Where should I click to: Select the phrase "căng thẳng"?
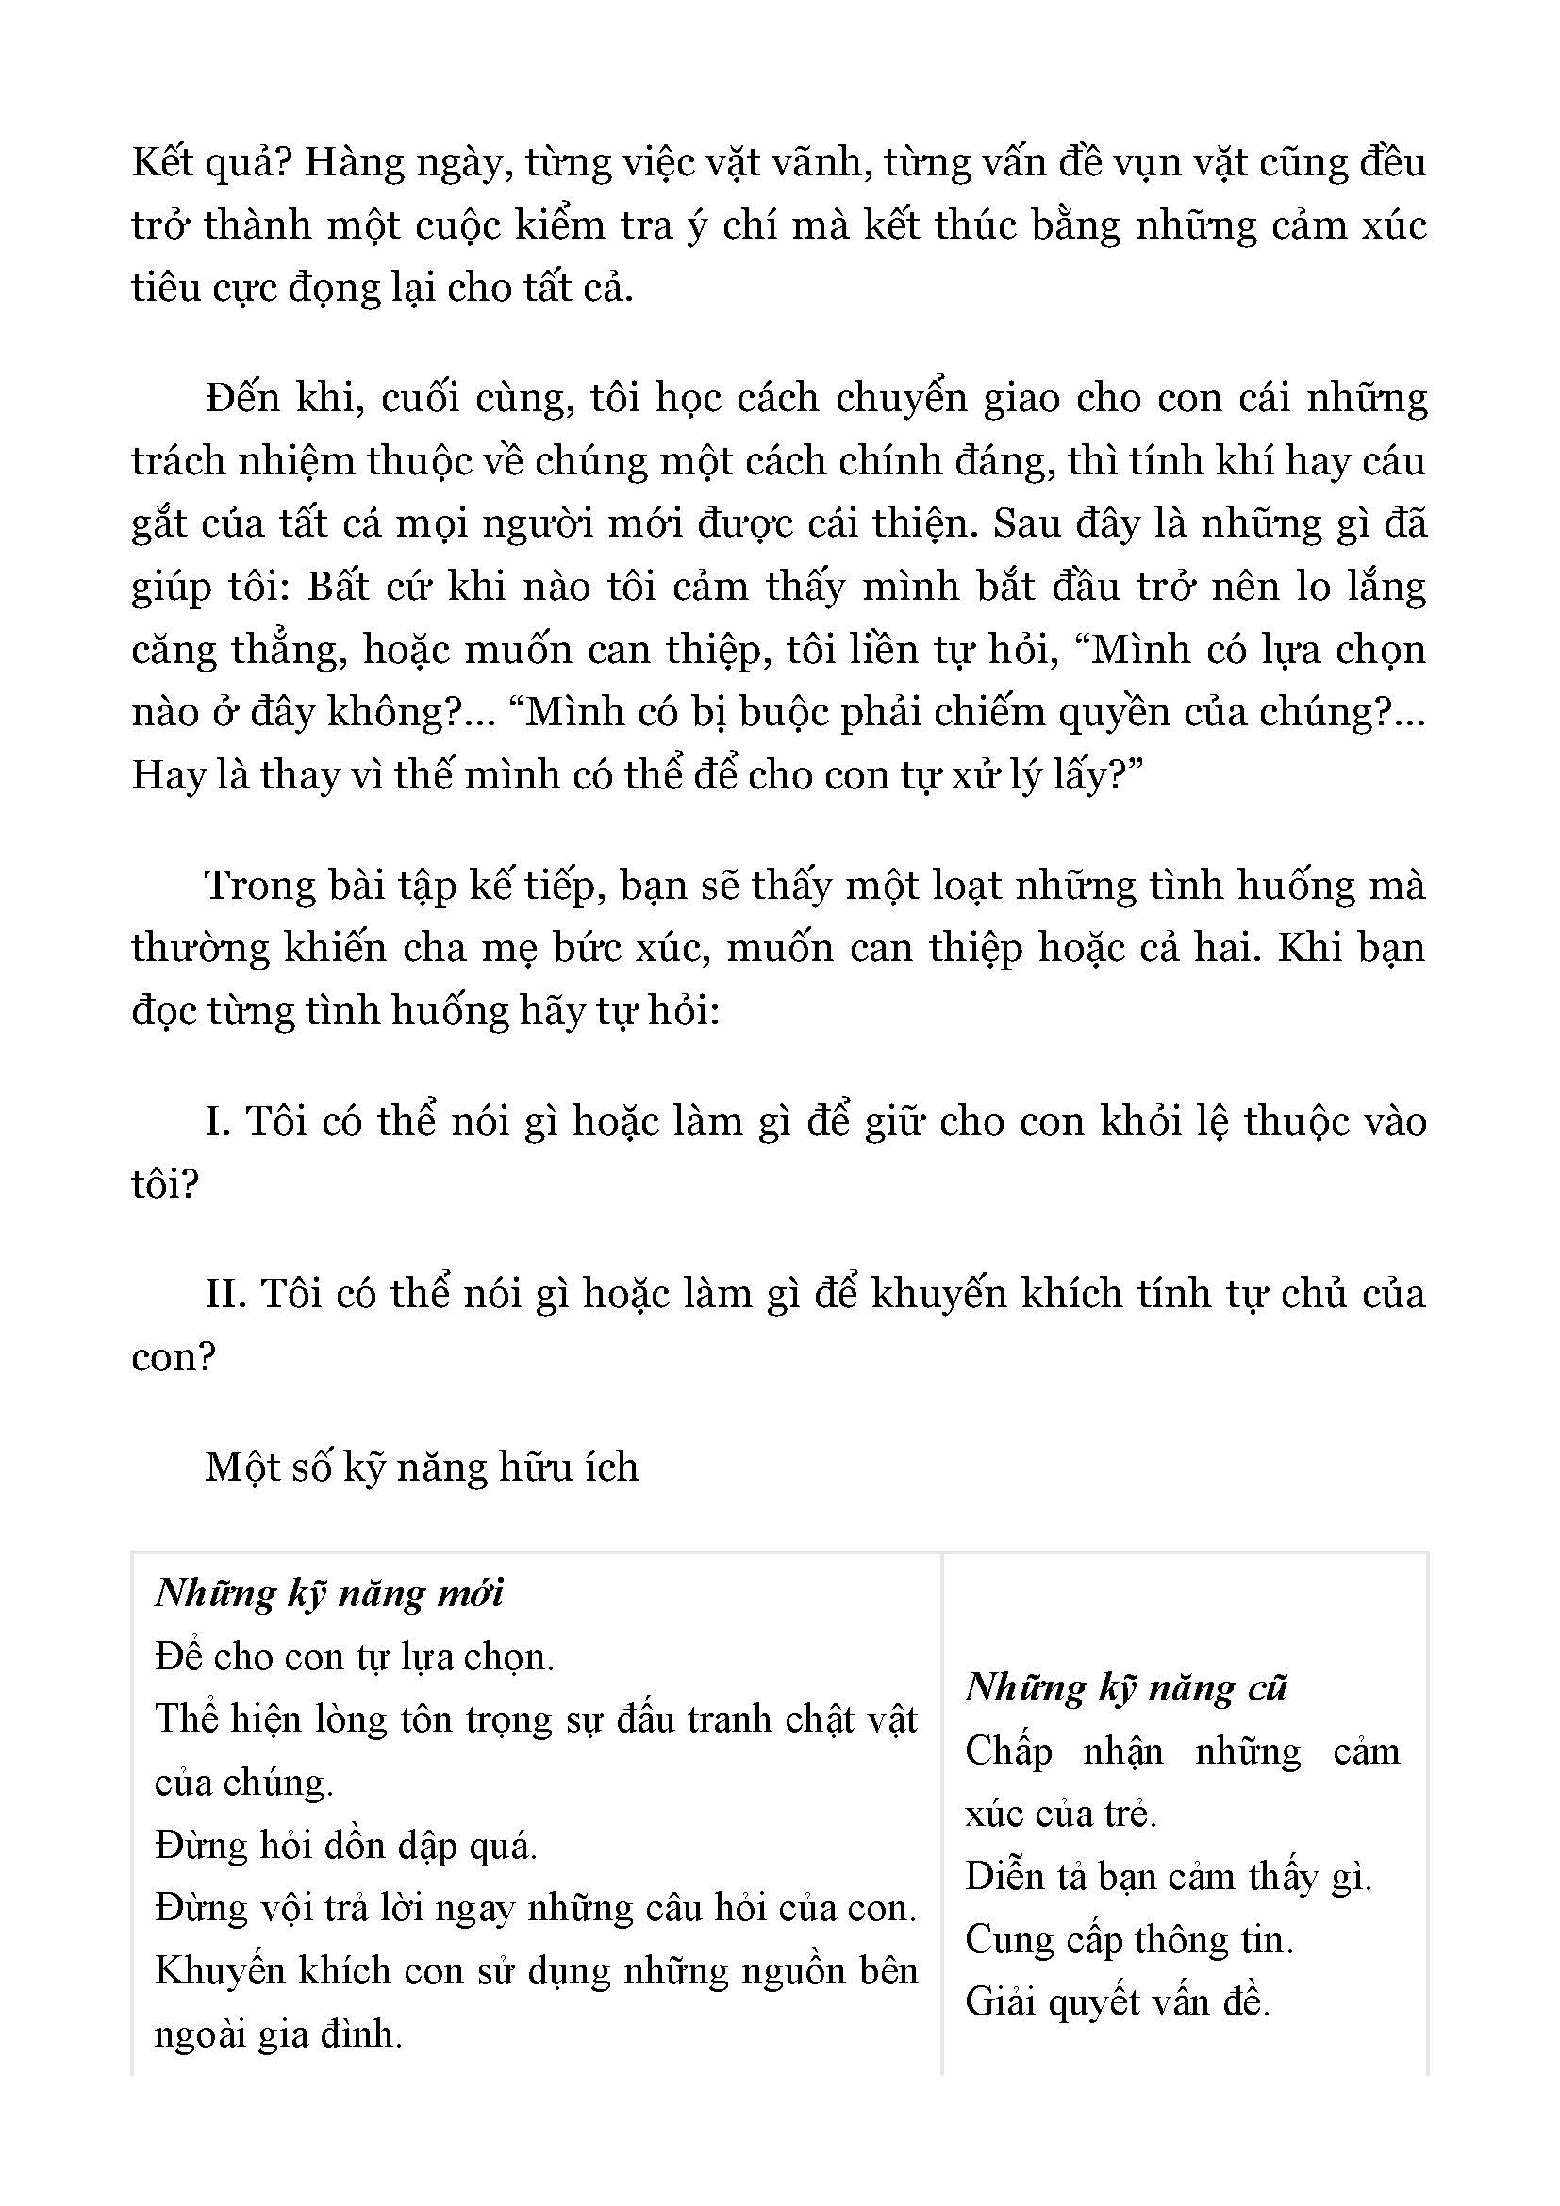pyautogui.click(x=241, y=651)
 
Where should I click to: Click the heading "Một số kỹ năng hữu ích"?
pyautogui.click(x=422, y=1468)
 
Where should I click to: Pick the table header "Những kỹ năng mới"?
pyautogui.click(x=329, y=1594)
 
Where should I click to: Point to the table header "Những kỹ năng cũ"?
pyautogui.click(x=1126, y=1688)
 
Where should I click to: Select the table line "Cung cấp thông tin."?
pyautogui.click(x=1130, y=1940)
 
